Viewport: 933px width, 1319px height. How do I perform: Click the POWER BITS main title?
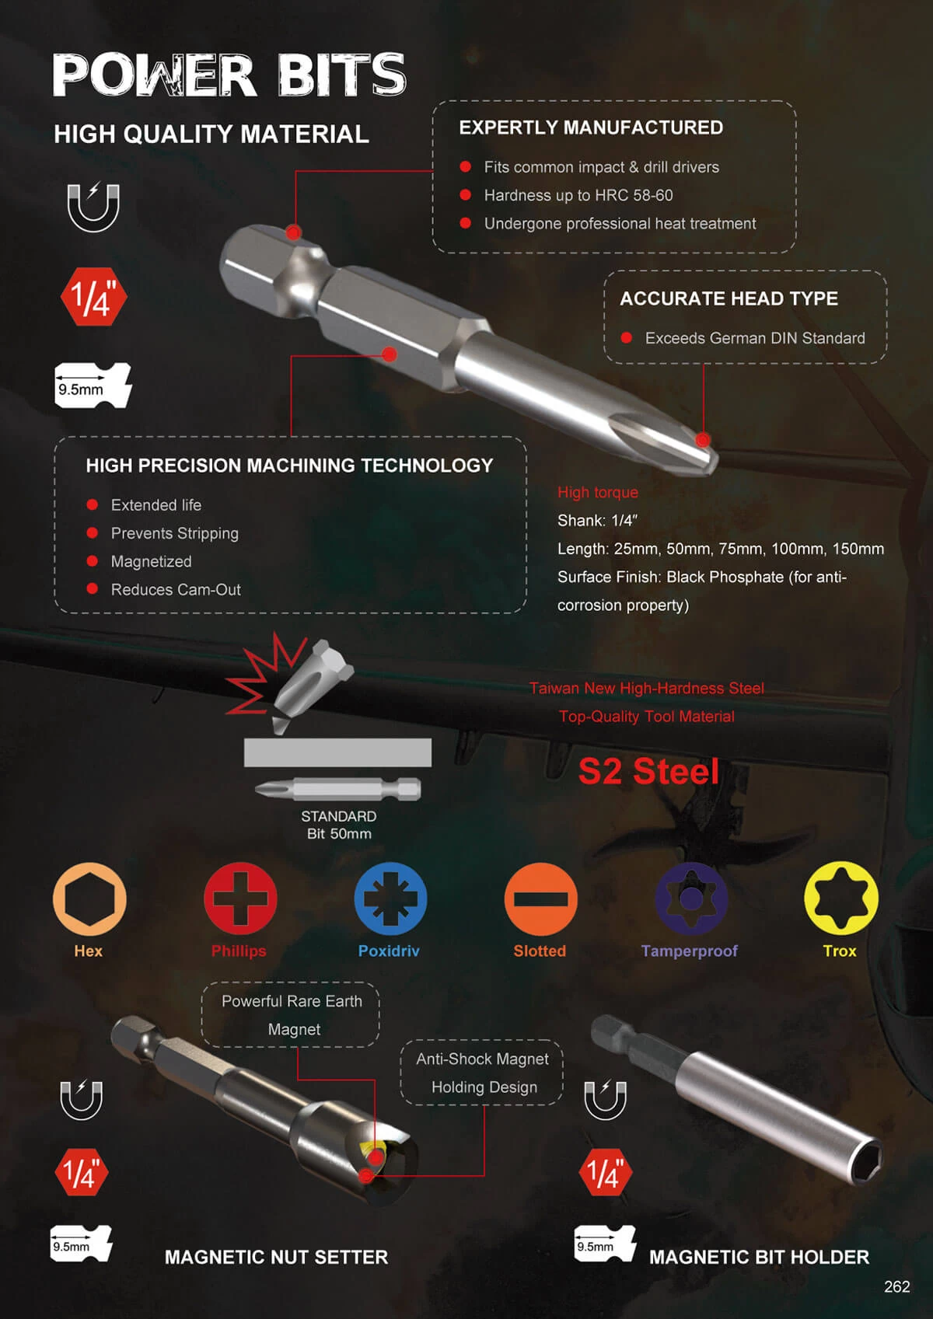tap(229, 75)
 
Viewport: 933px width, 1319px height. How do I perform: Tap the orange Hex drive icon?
tap(89, 899)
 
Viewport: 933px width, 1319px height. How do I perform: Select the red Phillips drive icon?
tap(240, 899)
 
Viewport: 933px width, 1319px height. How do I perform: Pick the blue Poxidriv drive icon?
tap(390, 899)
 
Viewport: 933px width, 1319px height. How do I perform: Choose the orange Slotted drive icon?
tap(540, 900)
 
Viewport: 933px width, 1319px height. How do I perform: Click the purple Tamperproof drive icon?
tap(691, 899)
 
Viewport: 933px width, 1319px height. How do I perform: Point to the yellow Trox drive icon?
tap(840, 899)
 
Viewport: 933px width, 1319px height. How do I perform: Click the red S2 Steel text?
tap(648, 771)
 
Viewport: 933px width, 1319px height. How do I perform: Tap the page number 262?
tap(896, 1286)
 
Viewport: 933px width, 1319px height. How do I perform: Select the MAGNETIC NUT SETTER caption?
tap(276, 1257)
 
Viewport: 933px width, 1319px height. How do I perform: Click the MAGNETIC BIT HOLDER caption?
tap(759, 1257)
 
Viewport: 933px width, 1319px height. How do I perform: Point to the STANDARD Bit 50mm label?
tap(338, 825)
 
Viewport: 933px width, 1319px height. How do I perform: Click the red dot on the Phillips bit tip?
tap(702, 440)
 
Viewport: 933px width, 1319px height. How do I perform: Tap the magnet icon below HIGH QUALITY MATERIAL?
tap(93, 208)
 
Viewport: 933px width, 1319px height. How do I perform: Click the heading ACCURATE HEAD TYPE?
tap(729, 298)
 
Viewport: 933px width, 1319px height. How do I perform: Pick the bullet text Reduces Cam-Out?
tap(176, 589)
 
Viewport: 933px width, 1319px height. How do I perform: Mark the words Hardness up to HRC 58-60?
tap(578, 195)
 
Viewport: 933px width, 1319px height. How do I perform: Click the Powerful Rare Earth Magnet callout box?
tap(291, 1015)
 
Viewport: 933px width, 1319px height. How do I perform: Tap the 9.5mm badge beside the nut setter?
tap(80, 1244)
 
